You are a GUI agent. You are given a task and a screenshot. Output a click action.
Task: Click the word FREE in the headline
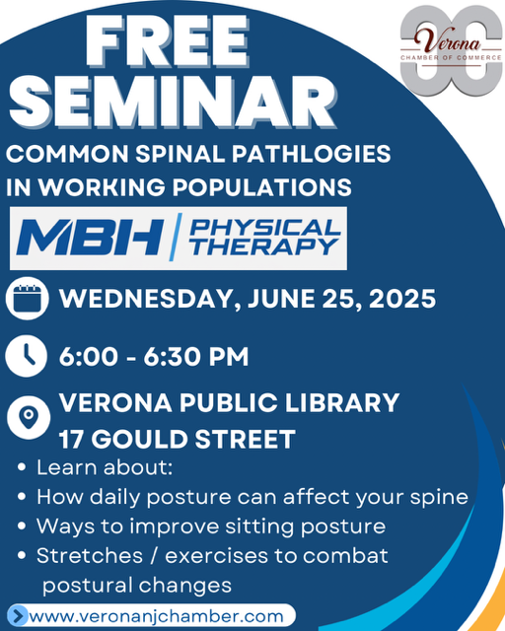coord(167,40)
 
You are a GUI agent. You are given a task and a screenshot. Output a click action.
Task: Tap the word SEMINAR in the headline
coord(173,103)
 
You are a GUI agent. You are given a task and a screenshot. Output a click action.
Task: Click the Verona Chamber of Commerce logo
coord(451,50)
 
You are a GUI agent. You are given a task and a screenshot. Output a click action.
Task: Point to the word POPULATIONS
coord(262,187)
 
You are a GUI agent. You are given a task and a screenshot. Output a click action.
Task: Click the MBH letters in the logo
coord(90,238)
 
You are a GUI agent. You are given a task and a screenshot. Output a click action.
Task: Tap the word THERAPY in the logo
coord(264,246)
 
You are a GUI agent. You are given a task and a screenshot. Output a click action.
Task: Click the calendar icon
coord(28,298)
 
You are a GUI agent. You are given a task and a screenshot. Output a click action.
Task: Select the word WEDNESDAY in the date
coord(146,299)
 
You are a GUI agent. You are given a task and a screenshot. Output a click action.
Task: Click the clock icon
coord(27,356)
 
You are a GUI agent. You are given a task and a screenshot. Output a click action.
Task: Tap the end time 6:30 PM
coord(196,357)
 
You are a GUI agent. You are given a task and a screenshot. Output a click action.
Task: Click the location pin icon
coord(29,417)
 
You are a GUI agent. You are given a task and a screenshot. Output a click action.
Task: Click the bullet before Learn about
coord(22,467)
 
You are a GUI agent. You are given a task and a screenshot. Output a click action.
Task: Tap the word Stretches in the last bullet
coord(90,556)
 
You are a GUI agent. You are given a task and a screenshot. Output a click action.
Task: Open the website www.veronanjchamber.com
coord(156,616)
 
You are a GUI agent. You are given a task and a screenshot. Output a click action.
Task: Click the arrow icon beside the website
coord(18,615)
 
